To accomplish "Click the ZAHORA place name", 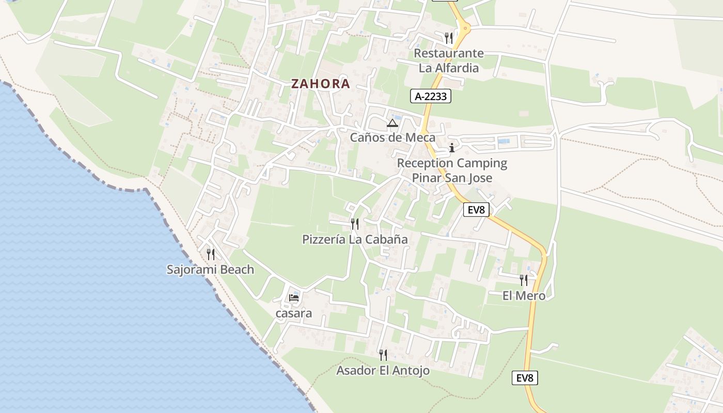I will pos(320,84).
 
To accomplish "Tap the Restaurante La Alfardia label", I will pos(449,60).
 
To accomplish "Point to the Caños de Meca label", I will pos(392,137).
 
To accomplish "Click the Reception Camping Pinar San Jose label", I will pos(452,170).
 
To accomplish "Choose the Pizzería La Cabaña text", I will pos(355,239).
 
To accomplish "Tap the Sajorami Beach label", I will pos(210,269).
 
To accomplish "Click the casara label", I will pos(294,313).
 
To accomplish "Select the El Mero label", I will pos(524,295).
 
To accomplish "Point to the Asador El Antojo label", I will pos(383,370).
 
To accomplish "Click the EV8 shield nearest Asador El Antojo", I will pos(525,378).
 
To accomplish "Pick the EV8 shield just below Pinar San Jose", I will pos(476,210).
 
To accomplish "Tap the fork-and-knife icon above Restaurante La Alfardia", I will pos(449,38).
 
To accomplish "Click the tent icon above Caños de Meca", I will pos(392,123).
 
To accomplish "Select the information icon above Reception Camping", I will pos(452,148).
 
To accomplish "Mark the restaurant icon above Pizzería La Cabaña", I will pos(355,224).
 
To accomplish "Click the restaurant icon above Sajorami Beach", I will pos(210,254).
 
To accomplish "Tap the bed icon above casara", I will pos(294,298).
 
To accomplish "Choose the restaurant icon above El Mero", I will pos(524,280).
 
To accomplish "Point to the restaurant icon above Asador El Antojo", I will pos(383,355).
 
